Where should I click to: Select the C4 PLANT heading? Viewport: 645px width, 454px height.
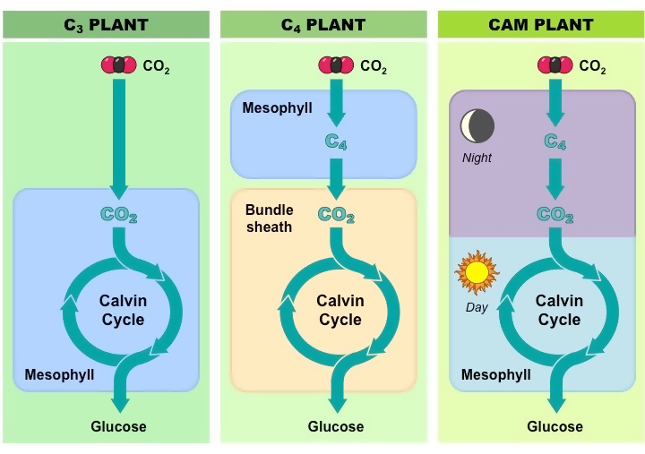coord(323,24)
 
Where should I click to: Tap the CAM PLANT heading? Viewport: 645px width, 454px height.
coord(541,24)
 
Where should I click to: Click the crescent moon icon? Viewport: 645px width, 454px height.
coord(477,127)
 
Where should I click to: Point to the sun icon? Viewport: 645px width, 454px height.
coord(477,272)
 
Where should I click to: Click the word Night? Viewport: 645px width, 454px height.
coord(477,158)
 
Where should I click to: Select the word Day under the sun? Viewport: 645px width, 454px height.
coord(477,308)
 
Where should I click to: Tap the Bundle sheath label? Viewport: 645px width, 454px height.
coord(269,218)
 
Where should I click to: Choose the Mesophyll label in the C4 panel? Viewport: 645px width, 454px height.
coord(277,108)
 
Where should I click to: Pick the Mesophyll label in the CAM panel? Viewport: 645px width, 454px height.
coord(496,374)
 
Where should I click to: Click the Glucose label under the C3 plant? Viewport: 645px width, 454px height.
coord(118,426)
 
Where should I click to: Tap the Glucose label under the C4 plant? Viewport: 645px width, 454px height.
coord(336,426)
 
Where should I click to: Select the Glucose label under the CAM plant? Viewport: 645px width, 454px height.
coord(555,426)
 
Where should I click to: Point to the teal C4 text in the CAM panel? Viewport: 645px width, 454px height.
coord(555,141)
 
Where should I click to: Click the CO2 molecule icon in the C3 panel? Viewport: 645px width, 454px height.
coord(118,65)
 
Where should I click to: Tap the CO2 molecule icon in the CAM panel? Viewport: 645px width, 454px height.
coord(555,65)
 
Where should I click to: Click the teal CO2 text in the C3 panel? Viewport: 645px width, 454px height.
coord(118,215)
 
